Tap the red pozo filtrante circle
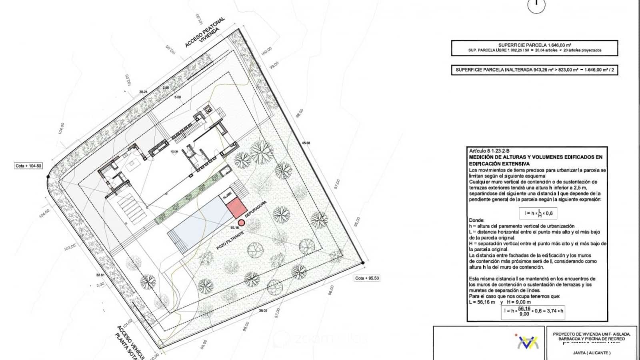tap(241, 223)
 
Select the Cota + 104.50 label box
tap(28, 166)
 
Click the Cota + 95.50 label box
tap(367, 278)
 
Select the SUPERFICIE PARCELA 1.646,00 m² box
tap(534, 48)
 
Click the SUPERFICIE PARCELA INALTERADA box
tap(534, 70)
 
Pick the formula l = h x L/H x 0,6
tap(538, 213)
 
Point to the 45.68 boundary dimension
tap(306, 143)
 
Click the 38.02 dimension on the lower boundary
tap(263, 310)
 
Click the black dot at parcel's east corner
tap(362, 263)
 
